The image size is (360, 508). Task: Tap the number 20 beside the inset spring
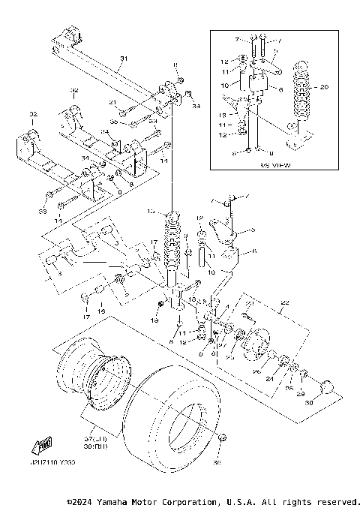click(324, 86)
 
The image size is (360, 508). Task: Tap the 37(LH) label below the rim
click(96, 437)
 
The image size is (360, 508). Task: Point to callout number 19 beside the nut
click(154, 320)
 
